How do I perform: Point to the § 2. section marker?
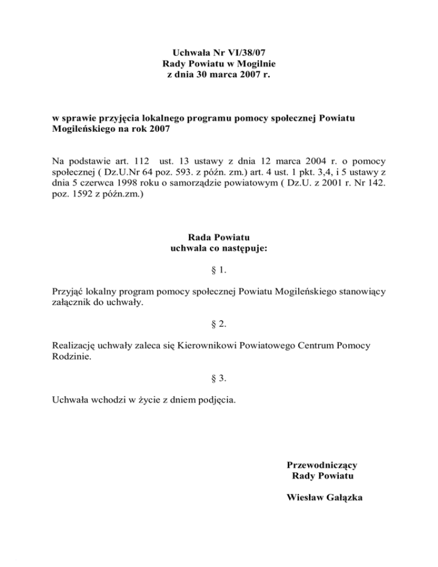218,324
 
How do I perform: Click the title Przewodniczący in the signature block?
322,465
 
